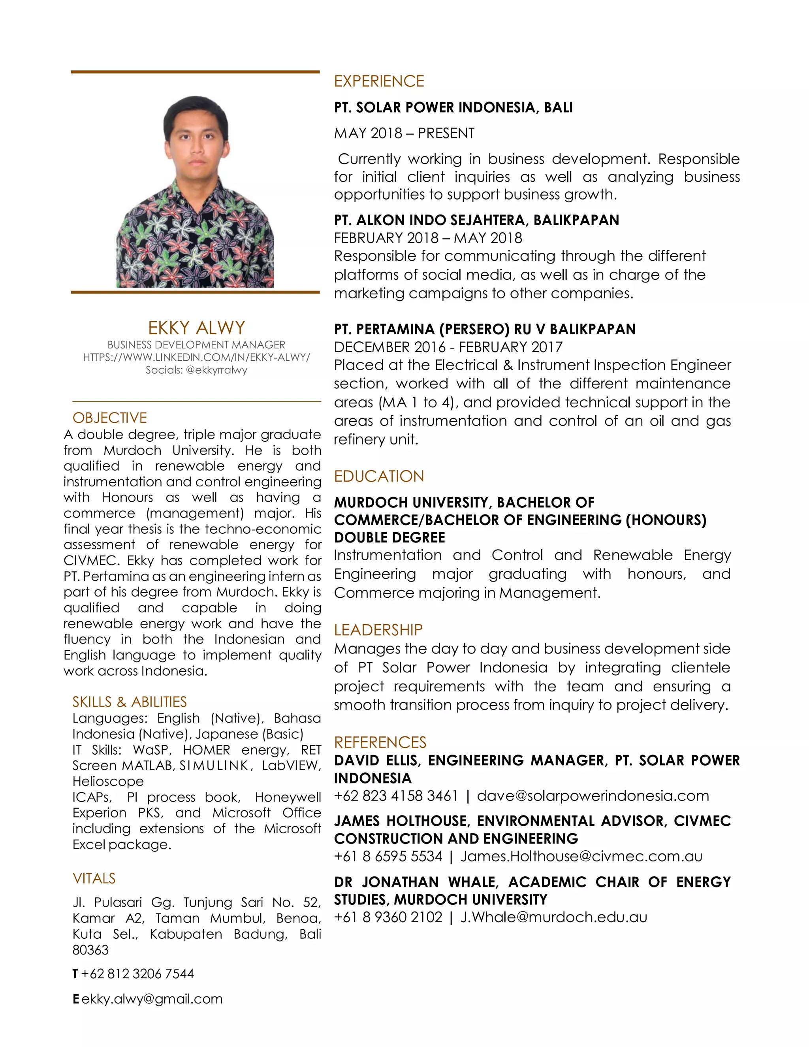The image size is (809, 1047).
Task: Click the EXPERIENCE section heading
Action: pyautogui.click(x=378, y=81)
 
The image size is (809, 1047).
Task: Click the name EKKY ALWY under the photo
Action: pyautogui.click(x=196, y=328)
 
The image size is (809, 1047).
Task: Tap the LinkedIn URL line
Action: pyautogui.click(x=196, y=357)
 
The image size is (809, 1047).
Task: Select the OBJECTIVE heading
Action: pyautogui.click(x=109, y=418)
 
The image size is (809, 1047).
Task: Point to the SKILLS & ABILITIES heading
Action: pyautogui.click(x=130, y=702)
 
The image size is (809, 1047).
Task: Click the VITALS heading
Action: pyautogui.click(x=94, y=878)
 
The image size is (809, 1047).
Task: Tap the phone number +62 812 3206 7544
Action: pyautogui.click(x=137, y=974)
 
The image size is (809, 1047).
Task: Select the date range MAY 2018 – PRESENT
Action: pyautogui.click(x=404, y=133)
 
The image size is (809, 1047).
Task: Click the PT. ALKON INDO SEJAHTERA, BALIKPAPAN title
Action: pyautogui.click(x=476, y=220)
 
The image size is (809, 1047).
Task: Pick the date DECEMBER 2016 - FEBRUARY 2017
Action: pyautogui.click(x=448, y=347)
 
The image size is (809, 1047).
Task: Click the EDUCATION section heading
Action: pyautogui.click(x=378, y=476)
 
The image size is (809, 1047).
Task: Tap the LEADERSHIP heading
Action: pyautogui.click(x=378, y=629)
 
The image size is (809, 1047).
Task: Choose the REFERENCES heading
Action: pyautogui.click(x=380, y=742)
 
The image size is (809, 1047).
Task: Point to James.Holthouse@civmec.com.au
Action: pyautogui.click(x=581, y=856)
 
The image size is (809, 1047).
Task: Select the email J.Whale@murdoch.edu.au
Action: pyautogui.click(x=553, y=917)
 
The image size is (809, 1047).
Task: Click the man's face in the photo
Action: pyautogui.click(x=195, y=137)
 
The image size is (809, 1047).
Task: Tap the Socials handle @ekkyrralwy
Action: pyautogui.click(x=216, y=370)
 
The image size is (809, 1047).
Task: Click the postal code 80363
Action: pyautogui.click(x=90, y=950)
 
